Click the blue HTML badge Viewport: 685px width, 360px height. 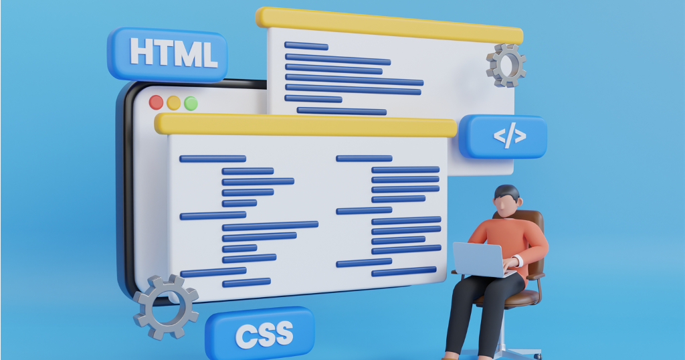point(167,55)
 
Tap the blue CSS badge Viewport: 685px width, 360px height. point(260,333)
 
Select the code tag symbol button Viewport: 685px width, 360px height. point(503,137)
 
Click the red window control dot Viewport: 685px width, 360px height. point(156,102)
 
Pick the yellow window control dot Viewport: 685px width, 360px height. point(173,103)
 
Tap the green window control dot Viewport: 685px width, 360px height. point(191,104)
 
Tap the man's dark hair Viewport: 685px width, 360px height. point(508,192)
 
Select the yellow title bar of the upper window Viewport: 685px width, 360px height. point(389,25)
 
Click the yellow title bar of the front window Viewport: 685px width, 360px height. point(306,125)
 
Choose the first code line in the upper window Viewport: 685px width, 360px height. point(306,46)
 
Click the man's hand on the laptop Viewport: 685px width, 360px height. point(511,263)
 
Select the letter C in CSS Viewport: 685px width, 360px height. point(246,335)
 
